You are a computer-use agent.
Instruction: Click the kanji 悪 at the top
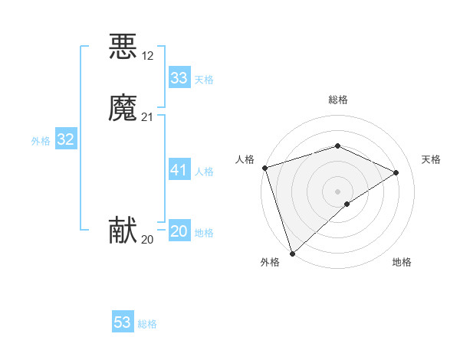tap(123, 47)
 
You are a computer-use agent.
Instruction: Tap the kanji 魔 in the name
tap(123, 109)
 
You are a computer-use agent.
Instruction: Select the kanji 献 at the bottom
tap(123, 231)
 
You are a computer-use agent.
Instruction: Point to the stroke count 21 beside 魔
tap(148, 116)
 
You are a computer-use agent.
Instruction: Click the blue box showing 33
tap(179, 78)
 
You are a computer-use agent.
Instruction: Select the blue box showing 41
tap(179, 170)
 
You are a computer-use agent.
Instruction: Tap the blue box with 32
tap(65, 139)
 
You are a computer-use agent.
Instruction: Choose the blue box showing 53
tap(123, 322)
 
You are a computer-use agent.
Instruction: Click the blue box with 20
tap(179, 231)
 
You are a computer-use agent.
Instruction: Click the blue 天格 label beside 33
tap(204, 80)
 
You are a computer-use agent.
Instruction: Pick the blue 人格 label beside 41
tap(205, 172)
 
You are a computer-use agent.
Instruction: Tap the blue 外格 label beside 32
tap(41, 141)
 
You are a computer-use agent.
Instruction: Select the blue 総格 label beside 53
tap(147, 324)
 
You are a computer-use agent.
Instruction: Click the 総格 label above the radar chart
tap(337, 100)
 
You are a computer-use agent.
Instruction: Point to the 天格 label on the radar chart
tap(431, 159)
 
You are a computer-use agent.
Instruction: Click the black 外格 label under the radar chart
tap(270, 263)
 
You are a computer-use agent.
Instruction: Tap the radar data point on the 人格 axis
tap(264, 168)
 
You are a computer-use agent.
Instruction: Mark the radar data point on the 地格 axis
tap(347, 204)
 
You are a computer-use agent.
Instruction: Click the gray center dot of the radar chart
tap(337, 191)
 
